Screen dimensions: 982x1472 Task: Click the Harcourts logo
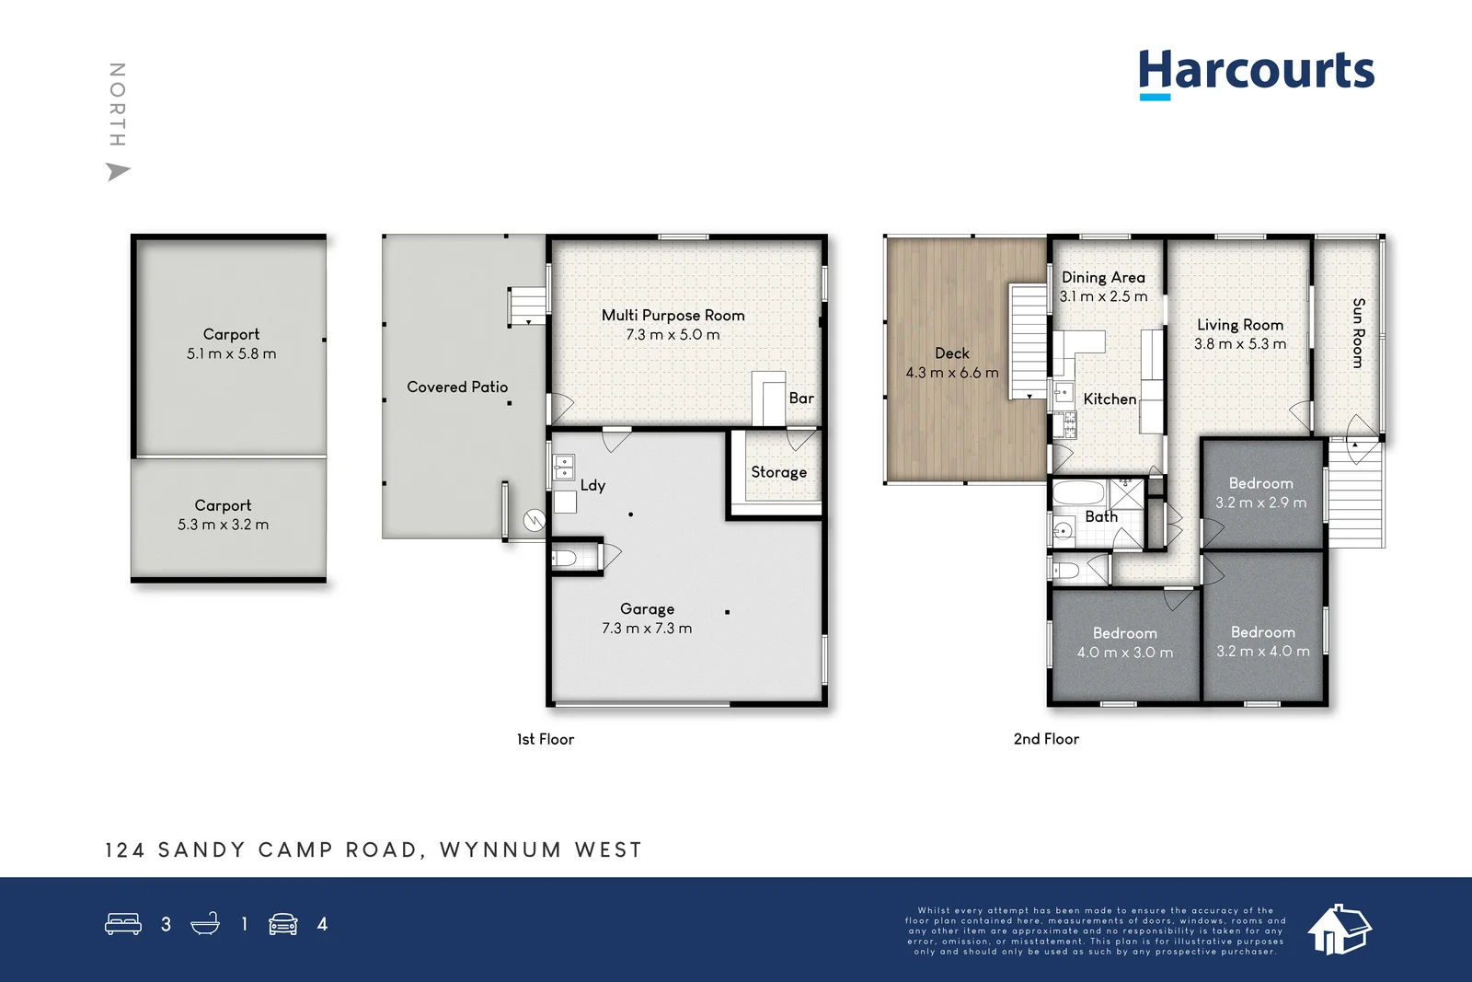click(1256, 72)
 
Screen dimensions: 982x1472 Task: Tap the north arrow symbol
click(118, 171)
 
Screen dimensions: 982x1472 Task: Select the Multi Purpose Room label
click(673, 315)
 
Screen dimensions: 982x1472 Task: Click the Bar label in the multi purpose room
click(800, 399)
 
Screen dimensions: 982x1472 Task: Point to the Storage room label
click(778, 472)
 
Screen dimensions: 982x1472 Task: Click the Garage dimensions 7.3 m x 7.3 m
click(647, 629)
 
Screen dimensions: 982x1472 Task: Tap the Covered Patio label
click(457, 387)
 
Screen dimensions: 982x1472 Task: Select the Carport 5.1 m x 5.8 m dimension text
click(231, 353)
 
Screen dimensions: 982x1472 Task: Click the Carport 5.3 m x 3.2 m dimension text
click(223, 525)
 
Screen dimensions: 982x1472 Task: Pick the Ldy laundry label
click(592, 485)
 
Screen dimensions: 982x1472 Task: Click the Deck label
click(951, 353)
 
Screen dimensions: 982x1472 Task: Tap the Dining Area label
click(1103, 277)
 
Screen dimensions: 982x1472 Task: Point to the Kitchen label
click(1110, 399)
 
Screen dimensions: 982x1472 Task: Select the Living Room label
click(1239, 325)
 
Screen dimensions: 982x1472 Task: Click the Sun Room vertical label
click(1358, 333)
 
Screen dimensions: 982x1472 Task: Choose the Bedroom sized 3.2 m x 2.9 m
click(1260, 492)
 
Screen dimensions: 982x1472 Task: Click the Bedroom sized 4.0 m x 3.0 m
click(1124, 642)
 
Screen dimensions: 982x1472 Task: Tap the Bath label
click(1100, 517)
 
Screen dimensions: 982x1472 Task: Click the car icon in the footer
click(282, 924)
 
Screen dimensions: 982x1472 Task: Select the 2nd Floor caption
click(1046, 739)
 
